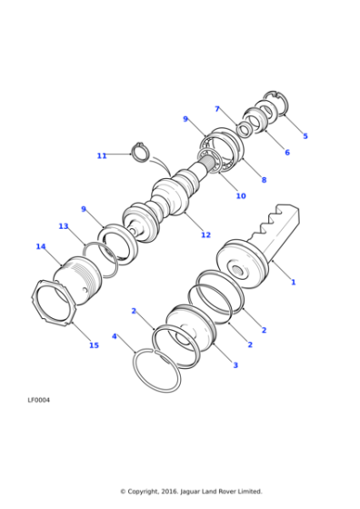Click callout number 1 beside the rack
coord(293,282)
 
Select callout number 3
coord(235,364)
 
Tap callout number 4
coord(115,336)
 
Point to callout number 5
coord(305,136)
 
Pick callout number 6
coord(286,152)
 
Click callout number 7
coord(217,109)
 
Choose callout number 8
coord(264,180)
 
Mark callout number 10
coord(241,195)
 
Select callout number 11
coord(102,155)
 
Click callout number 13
coord(63,226)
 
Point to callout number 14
coord(41,246)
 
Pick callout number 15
coord(94,345)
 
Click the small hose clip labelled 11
coord(139,151)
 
